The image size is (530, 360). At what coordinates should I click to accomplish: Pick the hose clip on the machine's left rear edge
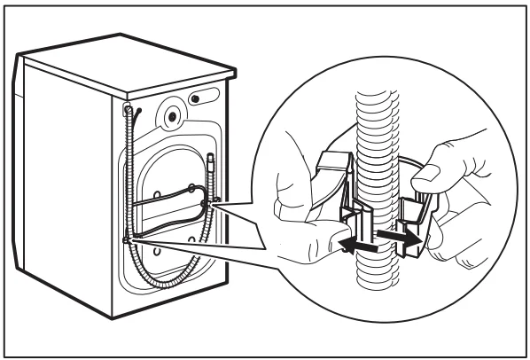[126, 239]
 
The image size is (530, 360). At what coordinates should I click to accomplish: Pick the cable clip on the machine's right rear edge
[208, 202]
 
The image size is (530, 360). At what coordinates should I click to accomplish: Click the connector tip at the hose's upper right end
[212, 160]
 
